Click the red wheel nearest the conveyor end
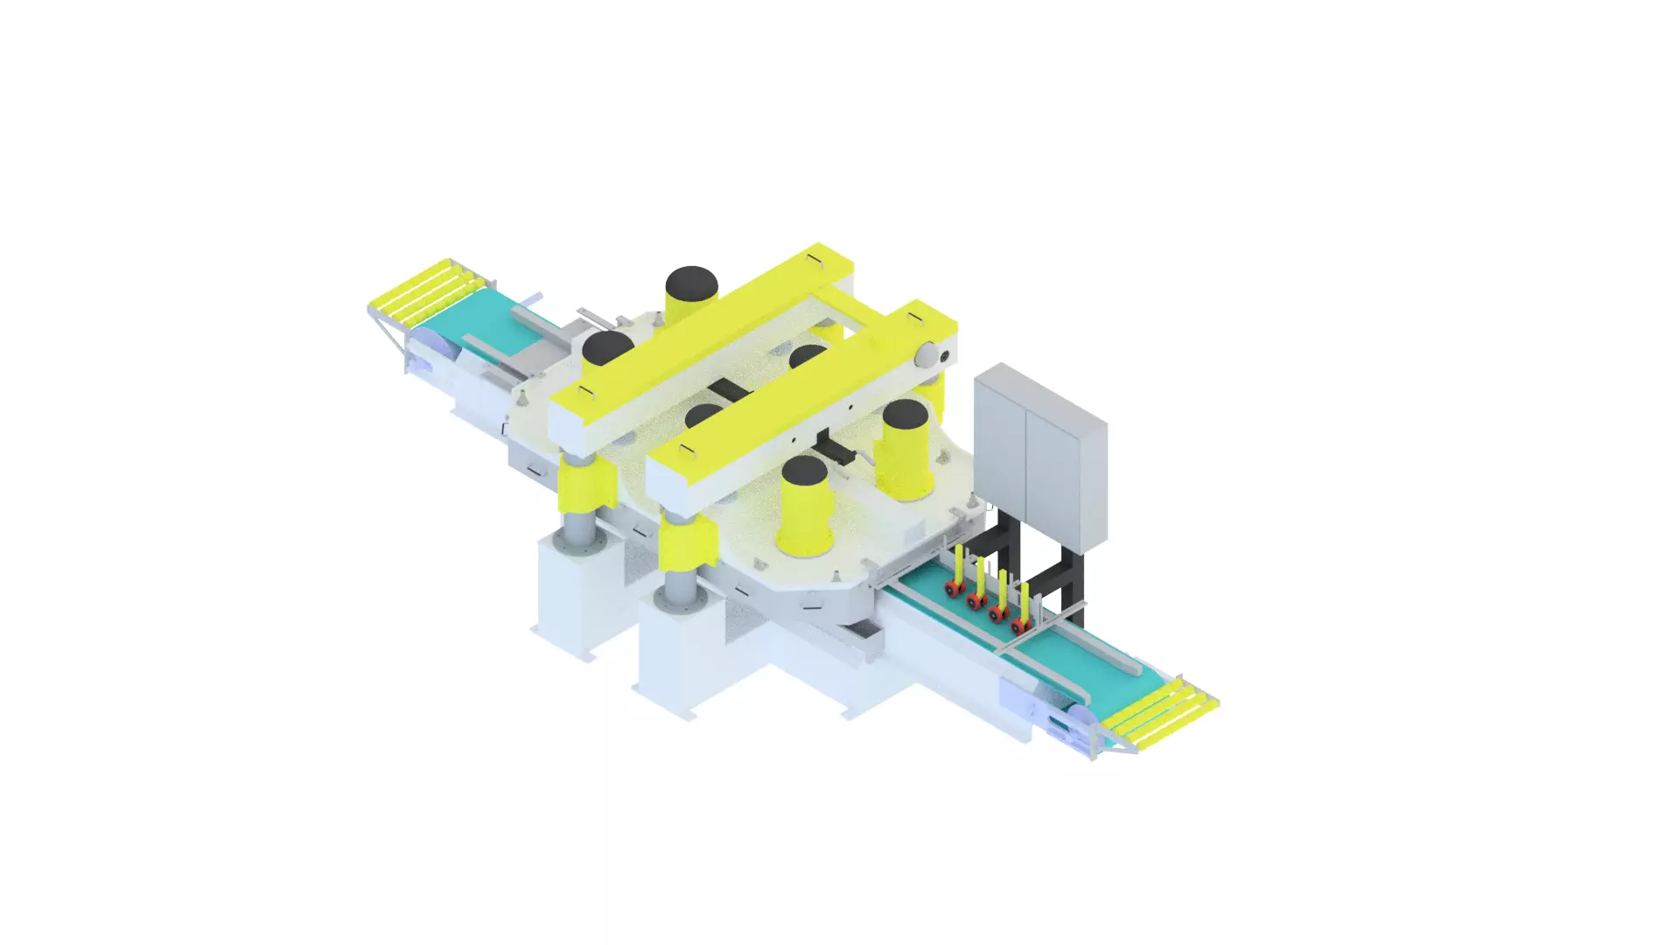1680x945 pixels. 1018,626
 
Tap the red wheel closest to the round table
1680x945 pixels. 951,591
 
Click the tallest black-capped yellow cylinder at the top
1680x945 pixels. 691,293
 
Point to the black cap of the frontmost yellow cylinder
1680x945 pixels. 804,472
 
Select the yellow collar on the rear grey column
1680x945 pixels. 582,490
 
